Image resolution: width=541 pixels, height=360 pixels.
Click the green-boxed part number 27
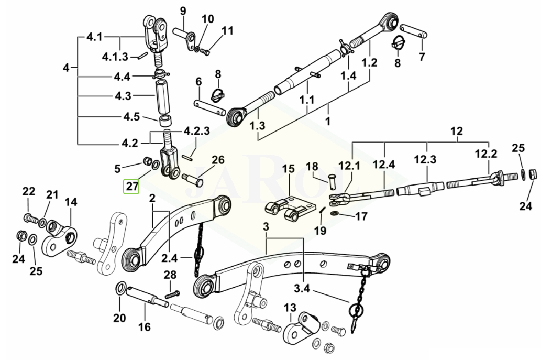131,187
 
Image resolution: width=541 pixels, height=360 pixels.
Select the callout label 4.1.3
115,56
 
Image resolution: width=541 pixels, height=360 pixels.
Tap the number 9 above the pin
183,11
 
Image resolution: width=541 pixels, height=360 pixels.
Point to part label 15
289,169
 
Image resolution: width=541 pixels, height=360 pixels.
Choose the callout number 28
170,276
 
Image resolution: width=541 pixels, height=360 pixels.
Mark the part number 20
119,318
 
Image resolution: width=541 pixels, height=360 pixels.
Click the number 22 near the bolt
28,191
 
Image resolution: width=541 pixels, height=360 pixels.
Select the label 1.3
258,126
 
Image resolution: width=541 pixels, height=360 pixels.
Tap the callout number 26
218,159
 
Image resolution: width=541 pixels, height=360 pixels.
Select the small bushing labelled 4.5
167,121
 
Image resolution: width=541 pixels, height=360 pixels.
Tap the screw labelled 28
172,294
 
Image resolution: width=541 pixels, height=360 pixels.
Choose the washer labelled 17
334,215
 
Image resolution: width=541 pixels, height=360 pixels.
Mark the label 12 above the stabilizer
457,130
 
